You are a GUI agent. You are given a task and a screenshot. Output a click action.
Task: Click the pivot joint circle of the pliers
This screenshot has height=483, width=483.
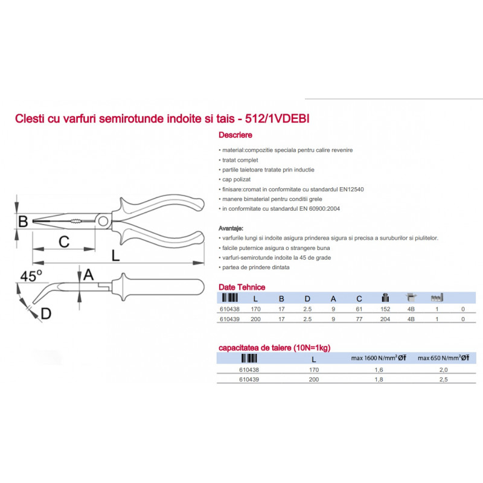click(103, 220)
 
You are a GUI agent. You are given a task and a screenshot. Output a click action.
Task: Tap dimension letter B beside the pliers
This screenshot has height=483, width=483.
click(23, 222)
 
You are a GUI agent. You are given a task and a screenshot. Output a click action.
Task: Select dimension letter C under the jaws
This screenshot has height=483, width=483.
click(64, 241)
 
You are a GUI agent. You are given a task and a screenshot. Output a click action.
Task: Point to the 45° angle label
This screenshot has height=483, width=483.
click(31, 276)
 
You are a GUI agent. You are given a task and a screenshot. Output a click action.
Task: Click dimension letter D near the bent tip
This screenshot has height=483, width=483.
click(46, 314)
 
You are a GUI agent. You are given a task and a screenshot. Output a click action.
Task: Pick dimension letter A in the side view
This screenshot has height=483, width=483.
click(88, 275)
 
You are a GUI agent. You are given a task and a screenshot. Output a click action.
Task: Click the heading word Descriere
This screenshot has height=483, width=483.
click(235, 135)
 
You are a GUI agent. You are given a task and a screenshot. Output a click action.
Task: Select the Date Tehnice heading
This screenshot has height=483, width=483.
click(242, 287)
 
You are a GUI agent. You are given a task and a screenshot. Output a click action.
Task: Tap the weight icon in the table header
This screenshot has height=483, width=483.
click(385, 298)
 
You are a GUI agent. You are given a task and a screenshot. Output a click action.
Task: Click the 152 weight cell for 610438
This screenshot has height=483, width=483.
click(385, 309)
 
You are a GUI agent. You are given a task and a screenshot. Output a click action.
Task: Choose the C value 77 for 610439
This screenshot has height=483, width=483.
click(359, 319)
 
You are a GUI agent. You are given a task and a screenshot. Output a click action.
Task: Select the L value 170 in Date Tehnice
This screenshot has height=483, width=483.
click(255, 309)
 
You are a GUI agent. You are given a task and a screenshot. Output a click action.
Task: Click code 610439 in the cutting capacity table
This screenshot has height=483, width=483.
click(249, 380)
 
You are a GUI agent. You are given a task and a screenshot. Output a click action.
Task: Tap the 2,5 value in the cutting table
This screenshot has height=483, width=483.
click(443, 380)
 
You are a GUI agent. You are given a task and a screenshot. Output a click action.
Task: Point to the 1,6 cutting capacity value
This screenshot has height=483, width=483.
click(379, 369)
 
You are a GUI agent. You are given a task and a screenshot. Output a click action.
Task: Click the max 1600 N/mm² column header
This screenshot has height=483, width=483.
click(379, 358)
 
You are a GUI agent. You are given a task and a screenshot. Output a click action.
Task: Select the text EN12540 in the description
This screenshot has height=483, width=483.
click(351, 189)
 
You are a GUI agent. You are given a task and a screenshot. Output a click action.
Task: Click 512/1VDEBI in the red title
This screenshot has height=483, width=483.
click(277, 118)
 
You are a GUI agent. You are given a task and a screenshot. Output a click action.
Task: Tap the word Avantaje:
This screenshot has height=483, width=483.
click(231, 228)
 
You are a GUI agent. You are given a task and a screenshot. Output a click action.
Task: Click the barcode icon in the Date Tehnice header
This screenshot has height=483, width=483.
click(230, 298)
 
